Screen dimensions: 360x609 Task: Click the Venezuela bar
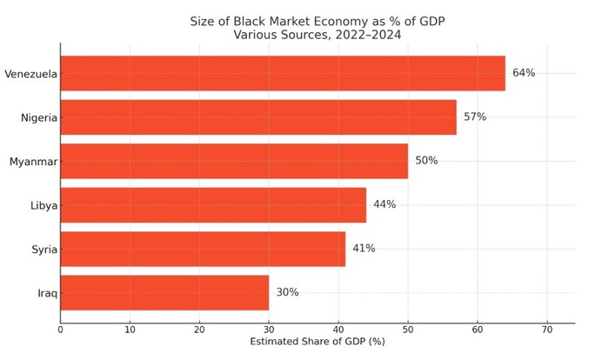click(x=283, y=73)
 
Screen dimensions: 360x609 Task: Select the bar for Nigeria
click(x=258, y=117)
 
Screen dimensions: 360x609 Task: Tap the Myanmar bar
click(x=234, y=161)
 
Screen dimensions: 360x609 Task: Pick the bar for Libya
click(x=213, y=205)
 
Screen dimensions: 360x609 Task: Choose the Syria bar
click(x=203, y=249)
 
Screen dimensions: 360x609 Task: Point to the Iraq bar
click(x=164, y=293)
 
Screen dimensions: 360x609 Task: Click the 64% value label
click(x=524, y=73)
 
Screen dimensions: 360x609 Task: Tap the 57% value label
click(x=475, y=117)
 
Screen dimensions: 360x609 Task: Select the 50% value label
click(x=426, y=161)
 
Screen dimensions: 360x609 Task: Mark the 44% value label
click(x=385, y=205)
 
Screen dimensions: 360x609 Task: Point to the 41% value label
click(x=364, y=249)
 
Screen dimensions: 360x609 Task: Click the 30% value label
click(x=287, y=293)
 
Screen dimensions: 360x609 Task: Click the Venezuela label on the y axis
click(x=30, y=74)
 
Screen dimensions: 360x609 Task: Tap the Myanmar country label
click(x=33, y=162)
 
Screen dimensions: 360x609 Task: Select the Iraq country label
click(x=47, y=293)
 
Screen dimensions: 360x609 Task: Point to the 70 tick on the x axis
click(x=547, y=330)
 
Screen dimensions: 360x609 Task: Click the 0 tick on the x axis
click(x=61, y=330)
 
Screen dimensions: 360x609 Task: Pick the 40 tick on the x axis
click(x=338, y=330)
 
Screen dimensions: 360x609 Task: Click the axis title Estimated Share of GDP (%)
click(x=317, y=343)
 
